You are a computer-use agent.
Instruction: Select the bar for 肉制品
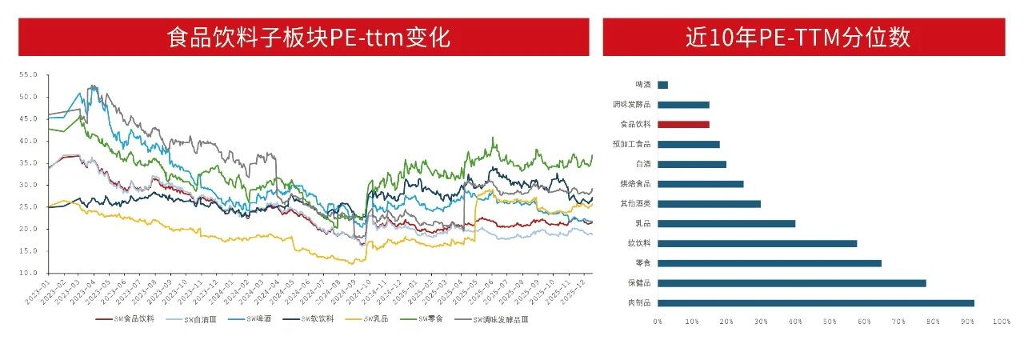(815, 302)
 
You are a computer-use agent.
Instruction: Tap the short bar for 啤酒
(662, 85)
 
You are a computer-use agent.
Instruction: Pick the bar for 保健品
(791, 282)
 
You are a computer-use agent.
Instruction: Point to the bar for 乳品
(726, 223)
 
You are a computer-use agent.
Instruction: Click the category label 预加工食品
(631, 144)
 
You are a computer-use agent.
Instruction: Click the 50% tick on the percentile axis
(829, 322)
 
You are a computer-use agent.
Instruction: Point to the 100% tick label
(999, 322)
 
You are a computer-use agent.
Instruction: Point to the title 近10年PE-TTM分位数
(803, 38)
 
